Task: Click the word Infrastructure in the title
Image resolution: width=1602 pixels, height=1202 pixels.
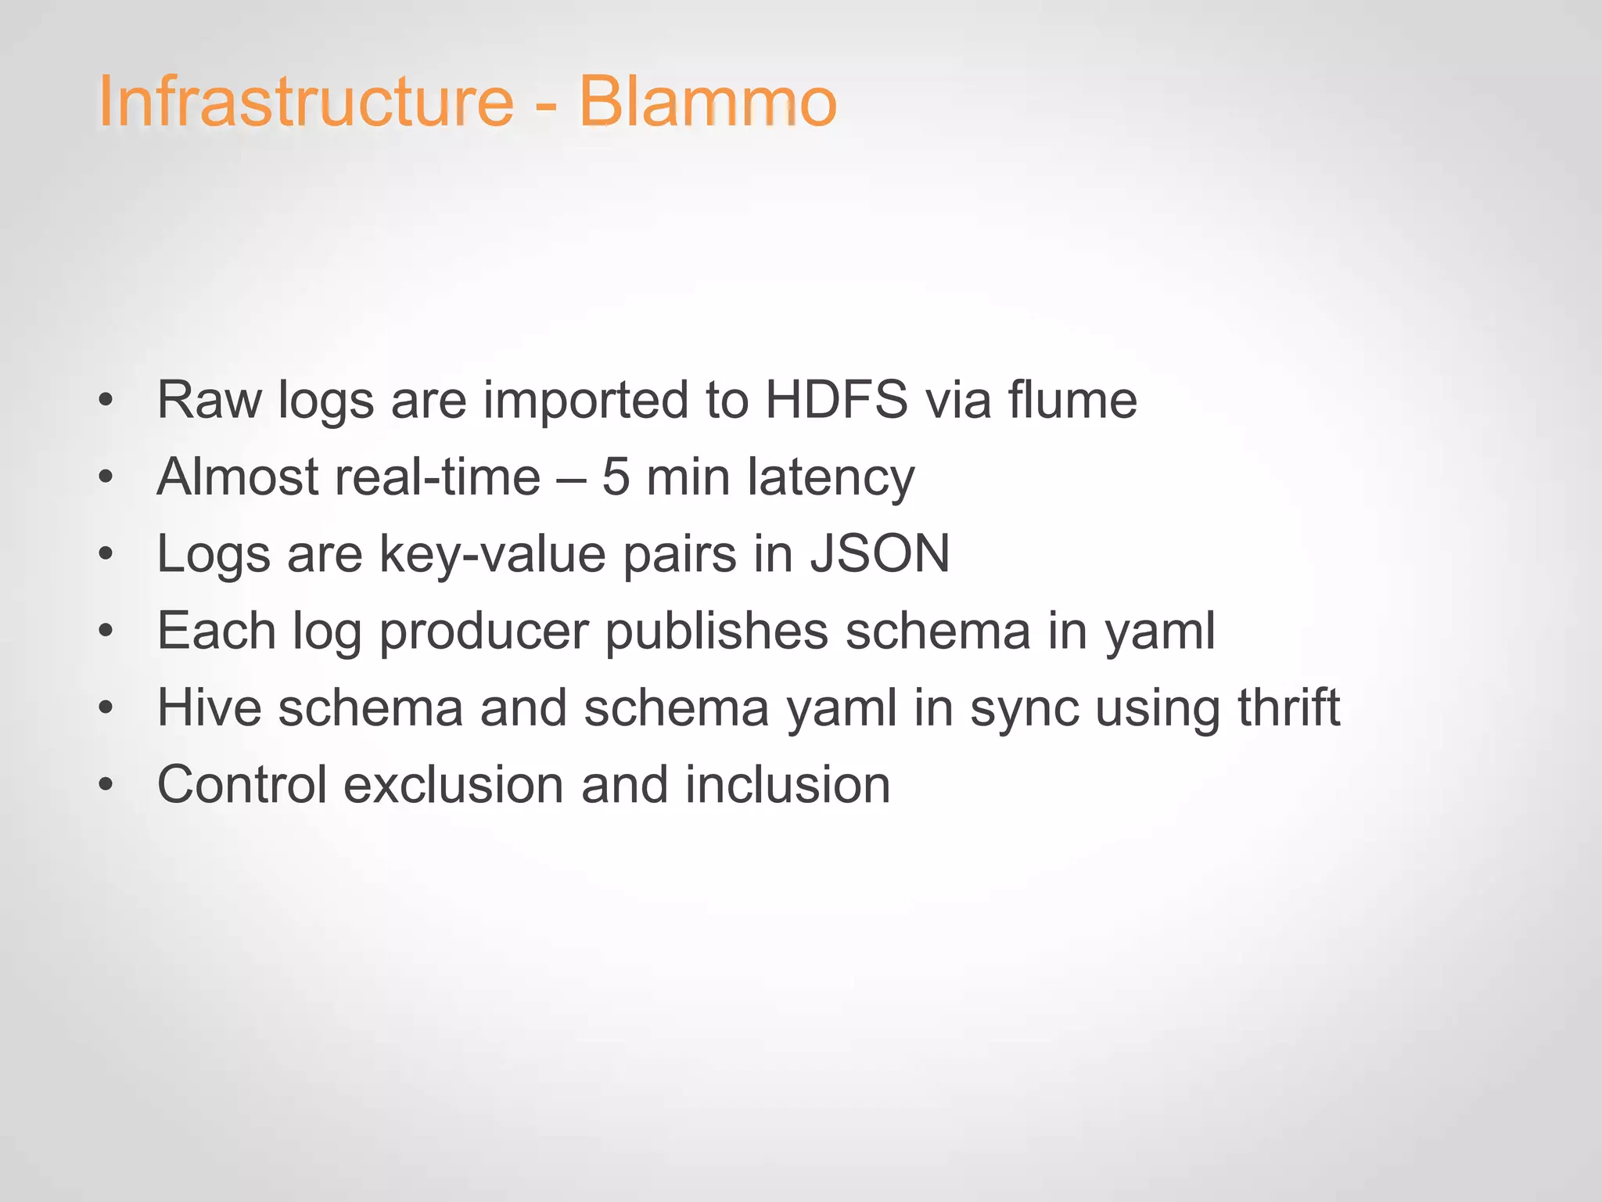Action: pos(306,102)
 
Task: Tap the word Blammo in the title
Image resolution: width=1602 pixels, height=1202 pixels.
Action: pos(707,102)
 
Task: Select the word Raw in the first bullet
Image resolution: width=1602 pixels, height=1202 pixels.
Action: pos(209,400)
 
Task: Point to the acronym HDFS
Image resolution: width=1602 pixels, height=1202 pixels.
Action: pos(836,400)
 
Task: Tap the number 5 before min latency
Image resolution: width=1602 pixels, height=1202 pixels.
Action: pos(616,477)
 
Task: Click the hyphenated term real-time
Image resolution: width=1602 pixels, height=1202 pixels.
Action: pos(437,477)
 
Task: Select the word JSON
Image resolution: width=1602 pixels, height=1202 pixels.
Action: pos(879,553)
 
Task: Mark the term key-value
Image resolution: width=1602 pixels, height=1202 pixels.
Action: pos(493,555)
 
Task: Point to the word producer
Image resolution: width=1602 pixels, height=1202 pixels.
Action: pos(483,632)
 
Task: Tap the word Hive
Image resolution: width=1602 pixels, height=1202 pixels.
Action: pos(209,707)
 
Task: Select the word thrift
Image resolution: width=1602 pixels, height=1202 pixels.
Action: pos(1288,707)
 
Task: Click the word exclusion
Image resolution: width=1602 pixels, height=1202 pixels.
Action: pos(453,784)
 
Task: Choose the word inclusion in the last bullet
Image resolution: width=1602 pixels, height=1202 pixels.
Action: pos(788,784)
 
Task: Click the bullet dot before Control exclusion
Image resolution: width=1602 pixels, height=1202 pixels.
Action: pos(106,785)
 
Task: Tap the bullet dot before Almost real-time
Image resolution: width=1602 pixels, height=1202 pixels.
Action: pos(106,477)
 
